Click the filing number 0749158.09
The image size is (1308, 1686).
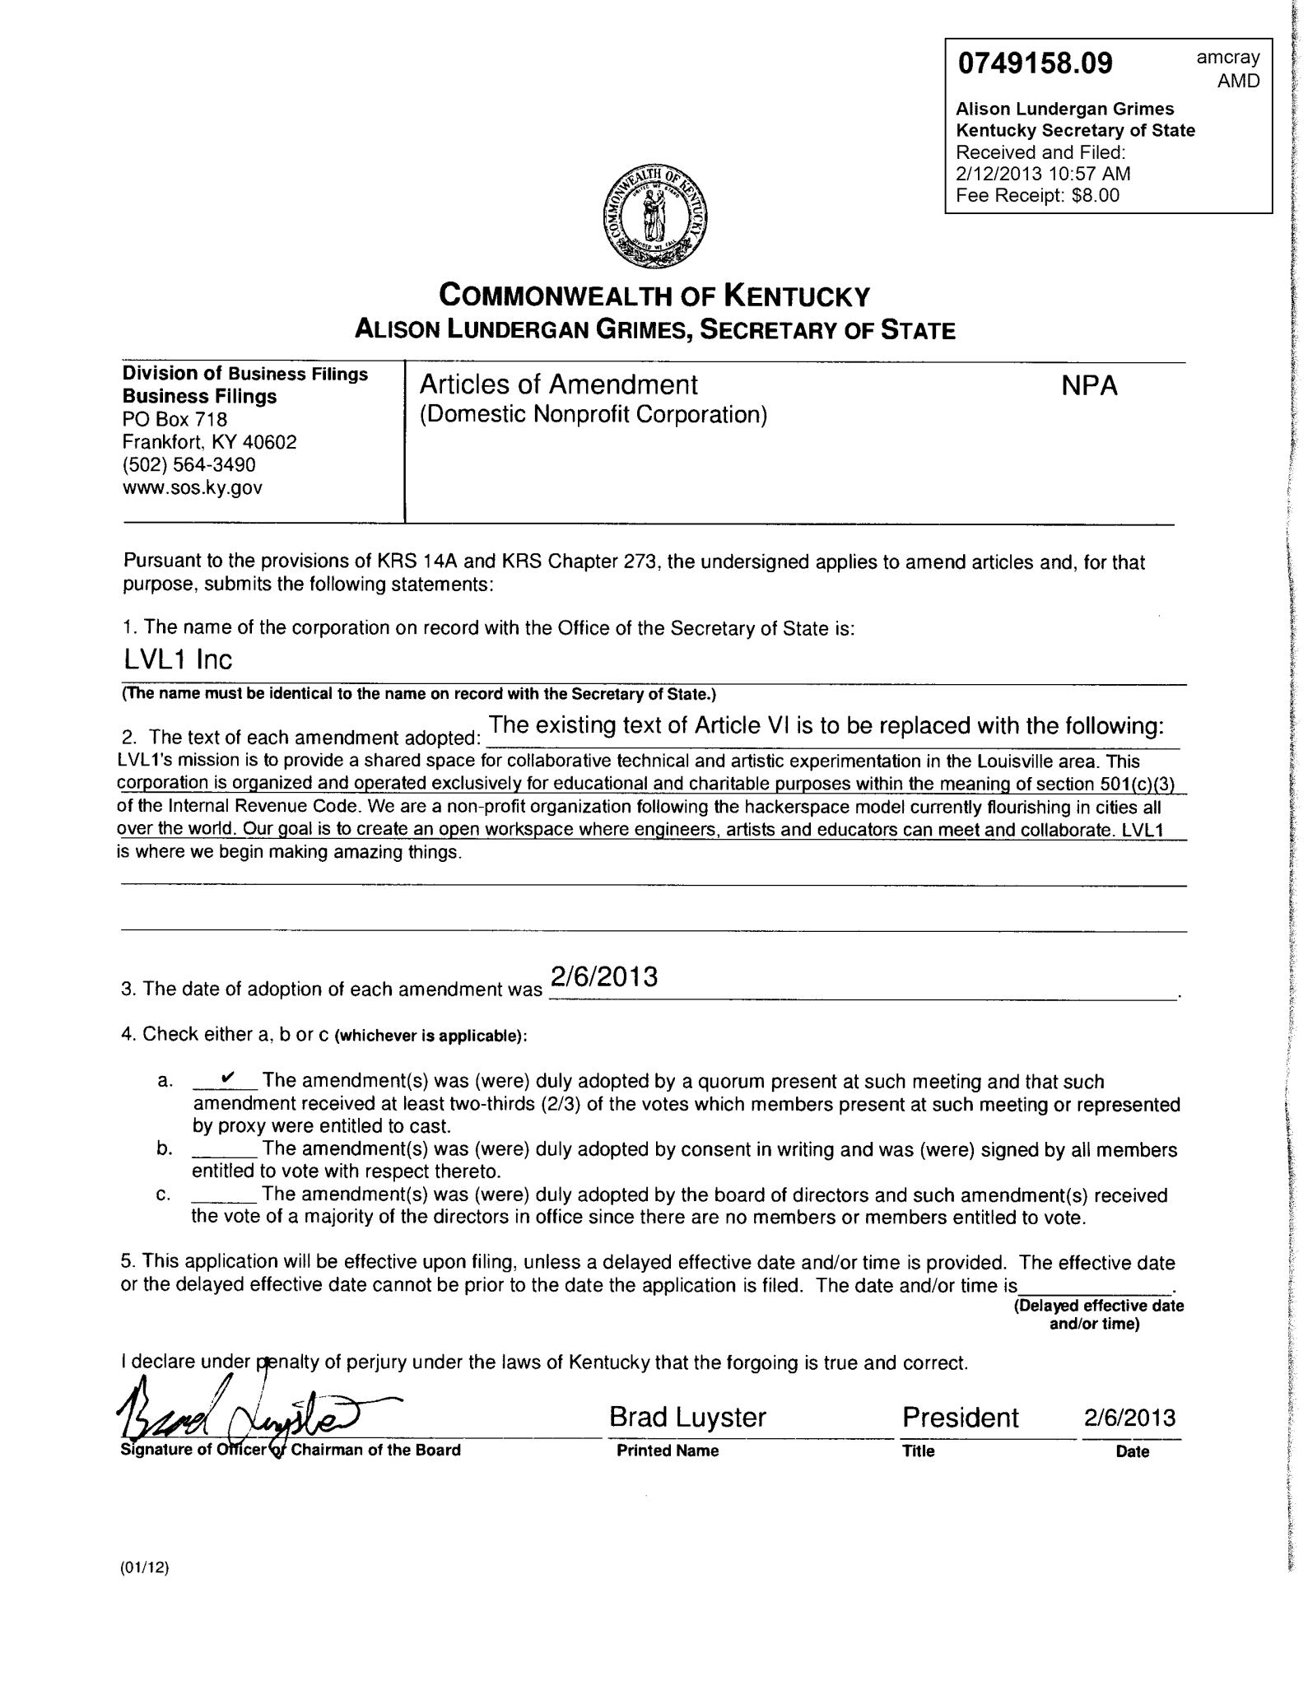coord(1034,63)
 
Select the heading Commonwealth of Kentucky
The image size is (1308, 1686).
coord(654,296)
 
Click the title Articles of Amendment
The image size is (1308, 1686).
coord(558,384)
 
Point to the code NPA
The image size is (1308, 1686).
coord(1089,386)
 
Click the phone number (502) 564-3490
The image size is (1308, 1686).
coord(189,464)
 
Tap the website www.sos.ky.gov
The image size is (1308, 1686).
coord(193,487)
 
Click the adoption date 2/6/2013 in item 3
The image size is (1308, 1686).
coord(604,976)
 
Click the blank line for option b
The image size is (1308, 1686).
coord(225,1148)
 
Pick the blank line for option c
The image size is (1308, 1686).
coord(225,1195)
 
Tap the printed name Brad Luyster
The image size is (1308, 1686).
coord(687,1417)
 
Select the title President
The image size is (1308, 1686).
coord(960,1417)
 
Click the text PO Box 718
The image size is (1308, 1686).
coord(175,419)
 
